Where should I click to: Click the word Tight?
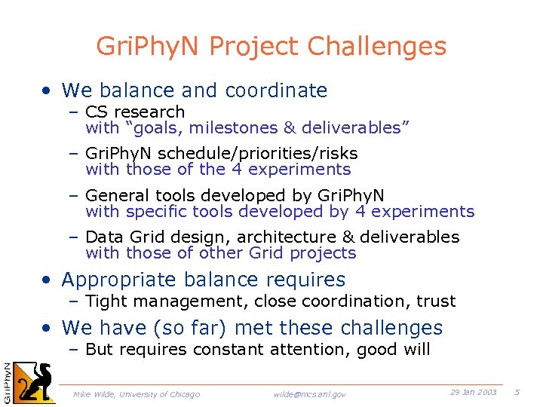[106, 301]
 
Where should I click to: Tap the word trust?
[437, 301]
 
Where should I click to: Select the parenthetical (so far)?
[170, 329]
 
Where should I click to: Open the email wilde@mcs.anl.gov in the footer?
[309, 394]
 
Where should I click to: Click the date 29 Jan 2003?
[474, 393]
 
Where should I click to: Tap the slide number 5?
[517, 393]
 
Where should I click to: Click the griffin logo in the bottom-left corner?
[35, 381]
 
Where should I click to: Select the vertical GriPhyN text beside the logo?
[6, 381]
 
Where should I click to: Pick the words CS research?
[135, 112]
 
